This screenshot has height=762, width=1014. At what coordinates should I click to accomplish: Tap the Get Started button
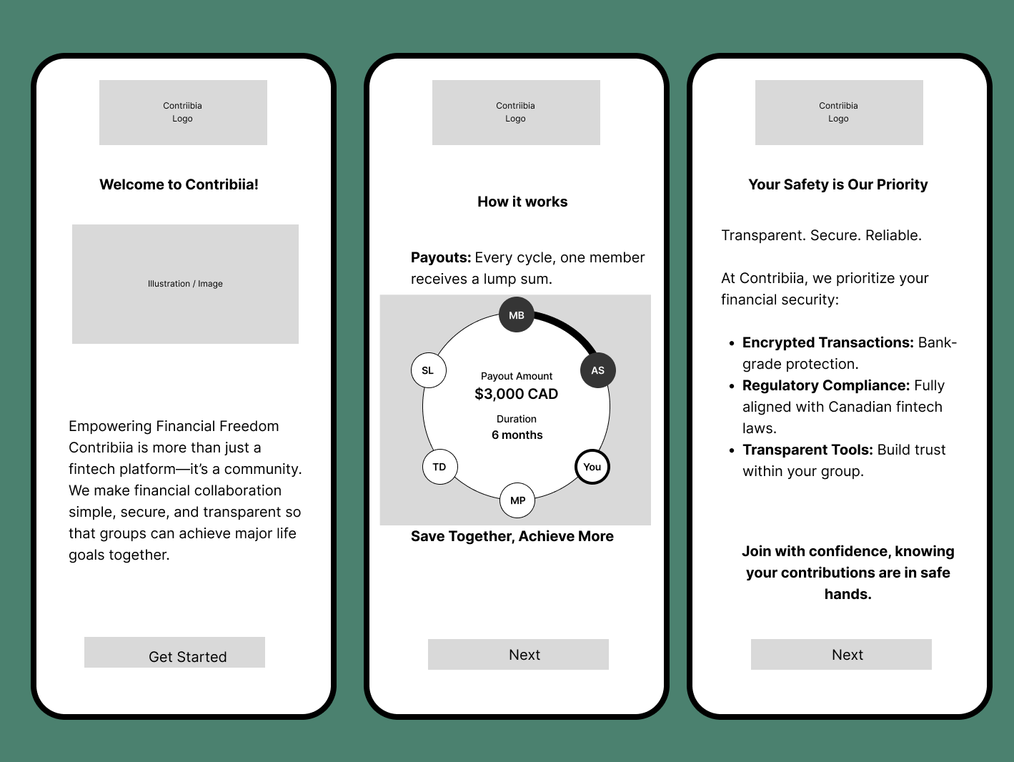[174, 652]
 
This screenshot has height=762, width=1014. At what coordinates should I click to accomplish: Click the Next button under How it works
[518, 654]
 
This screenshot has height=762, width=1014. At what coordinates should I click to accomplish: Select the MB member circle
[517, 315]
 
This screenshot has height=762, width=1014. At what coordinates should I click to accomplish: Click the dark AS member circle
[598, 370]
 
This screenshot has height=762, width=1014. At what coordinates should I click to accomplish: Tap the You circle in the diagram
[592, 467]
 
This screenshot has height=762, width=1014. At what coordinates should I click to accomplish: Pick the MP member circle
[517, 500]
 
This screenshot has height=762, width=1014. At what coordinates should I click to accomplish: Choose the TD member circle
[440, 467]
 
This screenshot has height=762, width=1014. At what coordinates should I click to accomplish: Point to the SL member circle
[429, 370]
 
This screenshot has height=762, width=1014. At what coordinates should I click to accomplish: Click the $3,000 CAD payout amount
[517, 394]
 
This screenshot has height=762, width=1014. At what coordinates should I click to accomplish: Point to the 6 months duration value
[517, 435]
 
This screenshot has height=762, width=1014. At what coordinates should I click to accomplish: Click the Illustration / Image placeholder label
[185, 283]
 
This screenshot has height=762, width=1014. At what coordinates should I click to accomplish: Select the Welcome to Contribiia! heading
[179, 184]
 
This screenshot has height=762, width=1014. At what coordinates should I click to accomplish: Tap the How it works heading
[522, 202]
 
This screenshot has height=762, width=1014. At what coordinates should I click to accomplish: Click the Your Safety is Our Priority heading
[838, 184]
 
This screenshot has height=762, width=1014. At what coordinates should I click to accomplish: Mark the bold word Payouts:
[441, 257]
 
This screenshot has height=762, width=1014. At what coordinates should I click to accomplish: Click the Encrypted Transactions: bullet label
[827, 342]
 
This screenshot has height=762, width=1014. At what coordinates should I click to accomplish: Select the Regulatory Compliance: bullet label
[826, 385]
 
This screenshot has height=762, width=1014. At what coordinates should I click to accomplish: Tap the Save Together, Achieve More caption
[512, 536]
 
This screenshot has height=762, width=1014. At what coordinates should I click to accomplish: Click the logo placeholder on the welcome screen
[183, 112]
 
